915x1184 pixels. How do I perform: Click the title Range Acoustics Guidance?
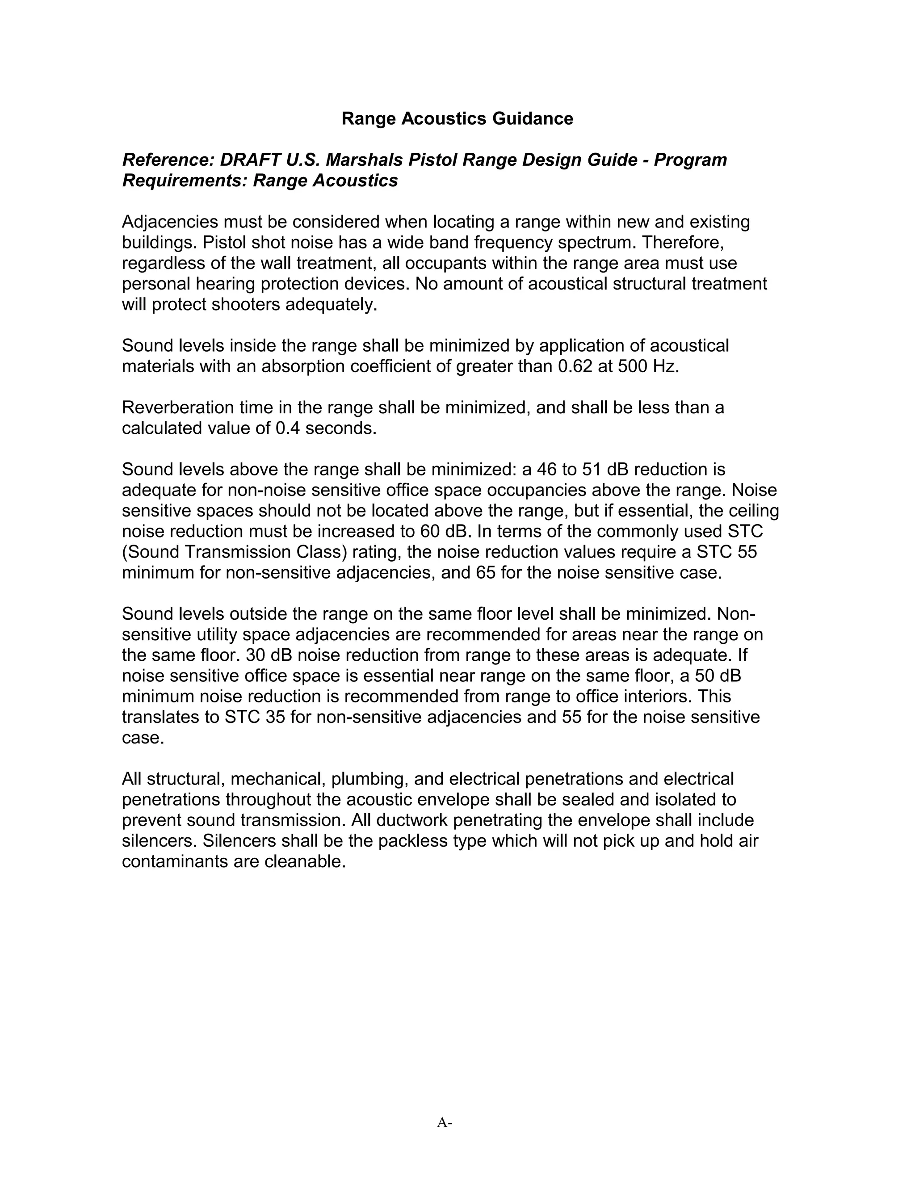coord(457,118)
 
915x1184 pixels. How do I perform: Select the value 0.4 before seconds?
coord(287,428)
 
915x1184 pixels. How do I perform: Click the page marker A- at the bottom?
coord(445,1122)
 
